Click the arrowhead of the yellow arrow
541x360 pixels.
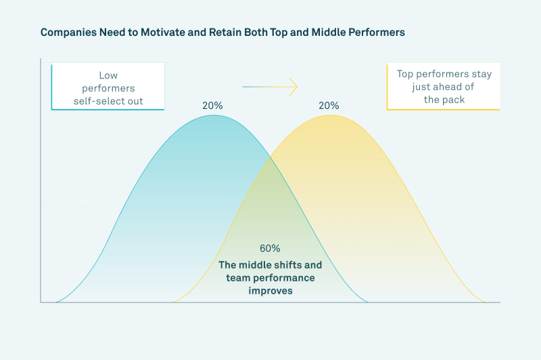293,87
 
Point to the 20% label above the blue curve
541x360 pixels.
212,106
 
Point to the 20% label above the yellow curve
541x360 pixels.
329,106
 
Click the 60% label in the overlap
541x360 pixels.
270,248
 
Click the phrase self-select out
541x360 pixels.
108,101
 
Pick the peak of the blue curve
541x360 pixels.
213,115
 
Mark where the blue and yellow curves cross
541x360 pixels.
271,158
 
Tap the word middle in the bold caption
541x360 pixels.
255,265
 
